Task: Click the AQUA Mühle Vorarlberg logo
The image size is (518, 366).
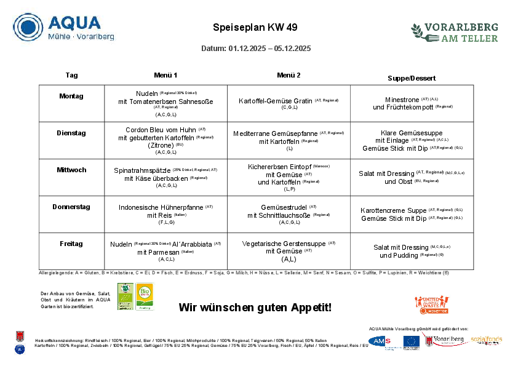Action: click(63, 27)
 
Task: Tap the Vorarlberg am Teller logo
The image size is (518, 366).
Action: click(455, 32)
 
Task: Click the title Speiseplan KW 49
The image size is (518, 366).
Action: click(255, 28)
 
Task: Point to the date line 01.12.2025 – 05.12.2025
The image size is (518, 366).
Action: click(256, 49)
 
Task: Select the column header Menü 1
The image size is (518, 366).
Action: click(165, 75)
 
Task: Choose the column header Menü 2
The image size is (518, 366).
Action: click(289, 75)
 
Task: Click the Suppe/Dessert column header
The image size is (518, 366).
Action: click(412, 78)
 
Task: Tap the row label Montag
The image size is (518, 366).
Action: click(71, 96)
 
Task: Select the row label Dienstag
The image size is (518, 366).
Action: click(71, 133)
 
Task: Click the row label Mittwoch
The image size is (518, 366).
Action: click(71, 170)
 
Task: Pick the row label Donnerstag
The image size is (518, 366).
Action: click(71, 207)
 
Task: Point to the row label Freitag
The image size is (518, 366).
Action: click(71, 244)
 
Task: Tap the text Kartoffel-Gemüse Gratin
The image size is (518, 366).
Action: click(275, 101)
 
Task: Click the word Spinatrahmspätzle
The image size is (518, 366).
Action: click(141, 170)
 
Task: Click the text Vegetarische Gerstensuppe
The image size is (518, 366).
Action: click(284, 244)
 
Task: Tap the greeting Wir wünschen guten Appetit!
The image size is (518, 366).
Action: click(255, 307)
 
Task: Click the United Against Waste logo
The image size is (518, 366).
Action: click(431, 304)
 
